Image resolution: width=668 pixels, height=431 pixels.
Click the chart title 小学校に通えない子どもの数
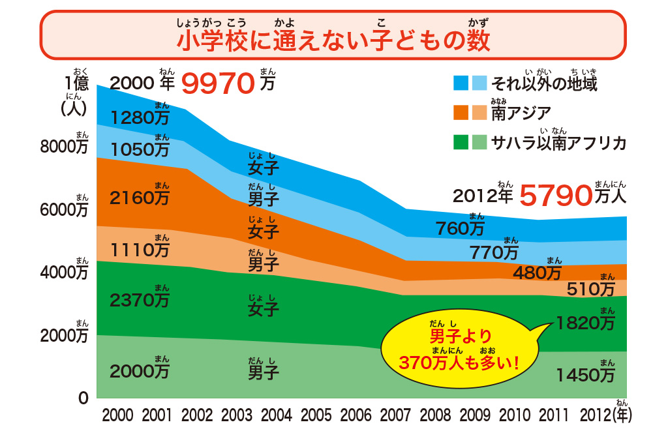click(x=333, y=40)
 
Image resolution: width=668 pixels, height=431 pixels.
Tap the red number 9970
click(x=217, y=83)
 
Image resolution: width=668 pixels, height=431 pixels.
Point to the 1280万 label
click(x=140, y=117)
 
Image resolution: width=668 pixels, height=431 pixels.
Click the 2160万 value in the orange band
click(x=140, y=197)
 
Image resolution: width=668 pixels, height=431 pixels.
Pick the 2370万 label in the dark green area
click(x=140, y=300)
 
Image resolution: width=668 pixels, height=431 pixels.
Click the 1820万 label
click(x=585, y=322)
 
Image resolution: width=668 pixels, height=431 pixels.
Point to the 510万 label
click(x=591, y=288)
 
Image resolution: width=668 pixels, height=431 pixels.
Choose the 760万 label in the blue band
click(x=461, y=228)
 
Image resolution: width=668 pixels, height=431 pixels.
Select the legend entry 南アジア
click(x=521, y=113)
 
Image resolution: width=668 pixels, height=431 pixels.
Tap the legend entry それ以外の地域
click(x=543, y=83)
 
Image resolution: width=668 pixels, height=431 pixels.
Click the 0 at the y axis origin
click(x=83, y=398)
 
